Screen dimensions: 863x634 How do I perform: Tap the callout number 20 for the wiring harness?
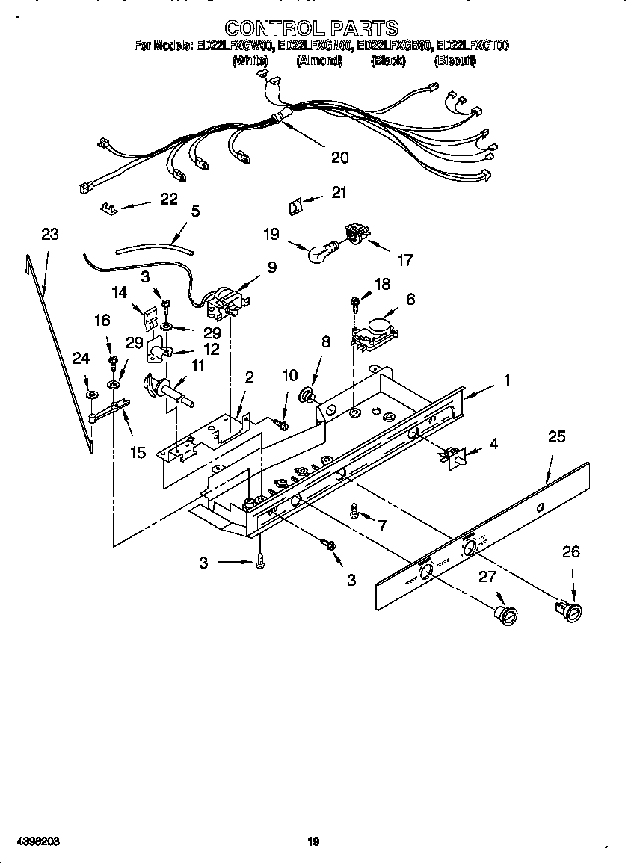coord(339,158)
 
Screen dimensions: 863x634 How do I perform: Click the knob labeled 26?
coord(570,610)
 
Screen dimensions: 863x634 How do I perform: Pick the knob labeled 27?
coord(506,613)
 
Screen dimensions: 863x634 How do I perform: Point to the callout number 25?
coord(557,437)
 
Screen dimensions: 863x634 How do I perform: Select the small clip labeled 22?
coord(108,207)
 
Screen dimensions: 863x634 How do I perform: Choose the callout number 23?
coord(49,235)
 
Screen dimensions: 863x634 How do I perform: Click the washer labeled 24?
coord(90,395)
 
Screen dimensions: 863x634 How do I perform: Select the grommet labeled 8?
coord(307,394)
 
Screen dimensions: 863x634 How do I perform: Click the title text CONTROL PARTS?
coord(311,28)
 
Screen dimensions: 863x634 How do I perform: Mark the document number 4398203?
coord(31,841)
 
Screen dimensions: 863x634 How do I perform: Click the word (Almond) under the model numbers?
coord(318,61)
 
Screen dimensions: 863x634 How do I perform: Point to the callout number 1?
coord(507,380)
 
